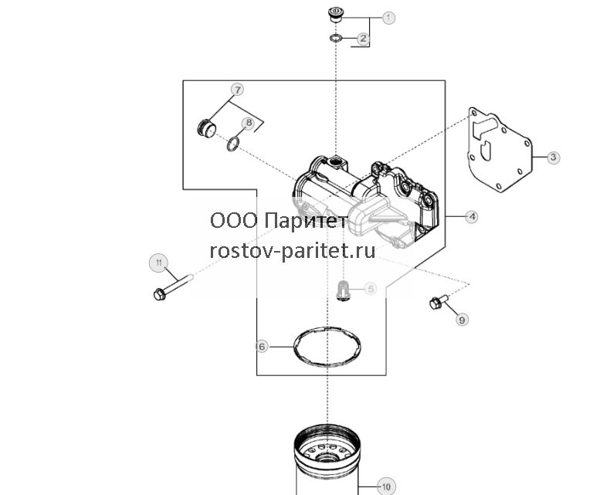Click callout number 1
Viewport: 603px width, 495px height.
point(388,17)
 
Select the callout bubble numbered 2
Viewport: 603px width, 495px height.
point(363,39)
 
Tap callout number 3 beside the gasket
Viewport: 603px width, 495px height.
point(553,157)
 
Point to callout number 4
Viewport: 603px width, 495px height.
point(472,217)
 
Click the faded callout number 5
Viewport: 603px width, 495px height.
point(370,289)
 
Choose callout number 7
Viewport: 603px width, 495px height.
point(238,90)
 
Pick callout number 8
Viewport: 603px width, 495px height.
point(249,123)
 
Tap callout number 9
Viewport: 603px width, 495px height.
point(462,319)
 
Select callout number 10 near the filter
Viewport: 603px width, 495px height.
point(386,487)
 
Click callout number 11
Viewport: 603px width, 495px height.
point(159,263)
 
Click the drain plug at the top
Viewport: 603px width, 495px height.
point(336,14)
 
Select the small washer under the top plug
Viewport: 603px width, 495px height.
point(336,38)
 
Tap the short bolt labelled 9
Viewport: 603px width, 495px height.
point(439,301)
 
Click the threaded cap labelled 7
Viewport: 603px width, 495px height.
point(206,128)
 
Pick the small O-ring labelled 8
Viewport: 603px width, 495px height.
point(233,144)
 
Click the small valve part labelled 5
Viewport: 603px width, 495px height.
point(341,290)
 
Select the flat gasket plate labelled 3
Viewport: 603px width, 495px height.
point(500,150)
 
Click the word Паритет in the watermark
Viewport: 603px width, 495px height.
point(306,221)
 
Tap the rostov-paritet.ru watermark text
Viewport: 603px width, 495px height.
point(293,251)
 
